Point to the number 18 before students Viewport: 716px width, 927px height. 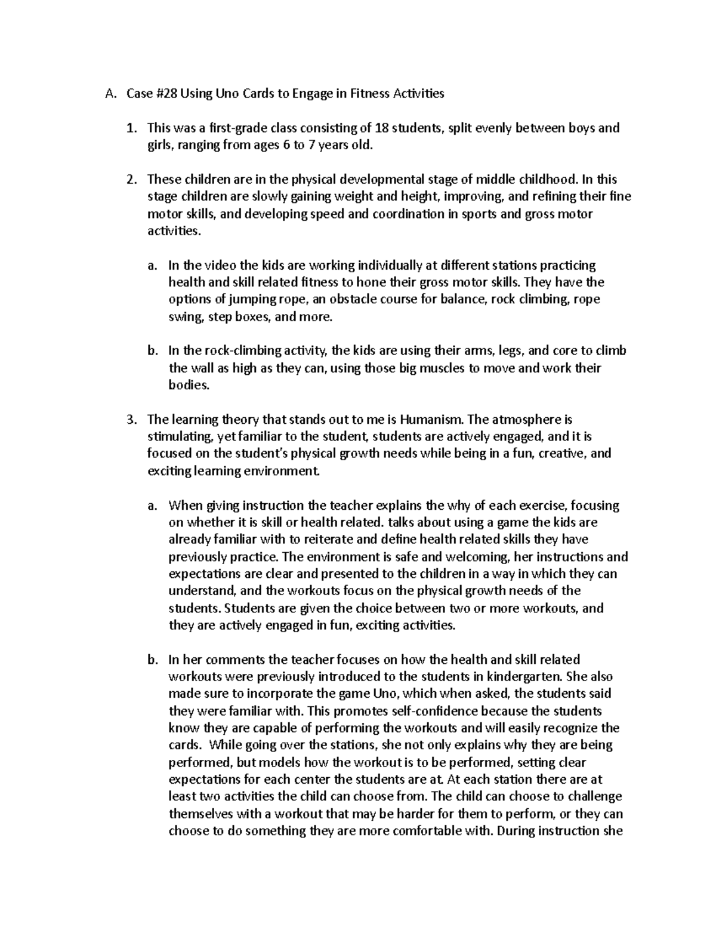pyautogui.click(x=382, y=128)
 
